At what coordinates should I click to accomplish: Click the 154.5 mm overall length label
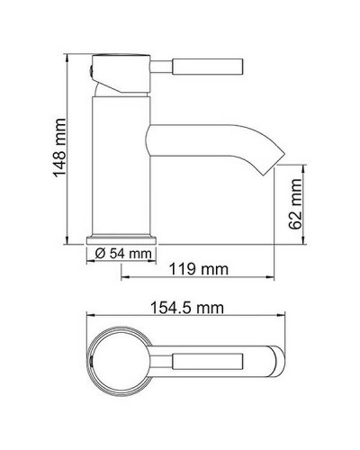point(186,306)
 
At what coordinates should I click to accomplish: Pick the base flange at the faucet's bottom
point(121,238)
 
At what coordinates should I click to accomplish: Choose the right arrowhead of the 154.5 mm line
point(284,317)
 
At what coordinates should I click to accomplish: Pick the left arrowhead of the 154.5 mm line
point(88,317)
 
